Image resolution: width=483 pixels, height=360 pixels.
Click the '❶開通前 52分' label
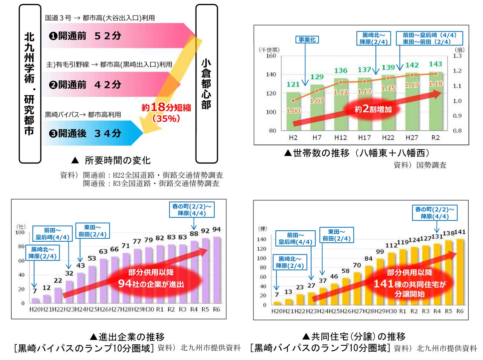85,36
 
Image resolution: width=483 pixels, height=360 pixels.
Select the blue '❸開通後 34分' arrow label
85,133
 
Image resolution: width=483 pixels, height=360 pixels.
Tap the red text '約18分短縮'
166,107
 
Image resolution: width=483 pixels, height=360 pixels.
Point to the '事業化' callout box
307,40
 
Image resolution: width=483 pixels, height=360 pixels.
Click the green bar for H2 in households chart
293,111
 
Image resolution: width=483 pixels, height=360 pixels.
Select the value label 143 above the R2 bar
435,64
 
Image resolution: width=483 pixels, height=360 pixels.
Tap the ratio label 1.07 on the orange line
317,100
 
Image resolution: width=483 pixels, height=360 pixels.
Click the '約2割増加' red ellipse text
373,109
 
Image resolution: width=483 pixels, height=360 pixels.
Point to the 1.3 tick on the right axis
457,56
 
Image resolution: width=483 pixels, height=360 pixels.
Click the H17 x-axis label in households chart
364,138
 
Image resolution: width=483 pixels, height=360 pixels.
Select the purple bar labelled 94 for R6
217,270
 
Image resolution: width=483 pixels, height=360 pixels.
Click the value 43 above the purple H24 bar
80,266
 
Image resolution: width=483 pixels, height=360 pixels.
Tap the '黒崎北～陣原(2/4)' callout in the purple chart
42,253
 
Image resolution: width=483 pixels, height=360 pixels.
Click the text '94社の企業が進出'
151,284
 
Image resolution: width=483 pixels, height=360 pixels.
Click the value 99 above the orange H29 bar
380,252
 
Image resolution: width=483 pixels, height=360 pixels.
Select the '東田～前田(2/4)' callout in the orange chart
336,235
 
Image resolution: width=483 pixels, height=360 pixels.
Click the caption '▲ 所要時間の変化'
111,161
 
